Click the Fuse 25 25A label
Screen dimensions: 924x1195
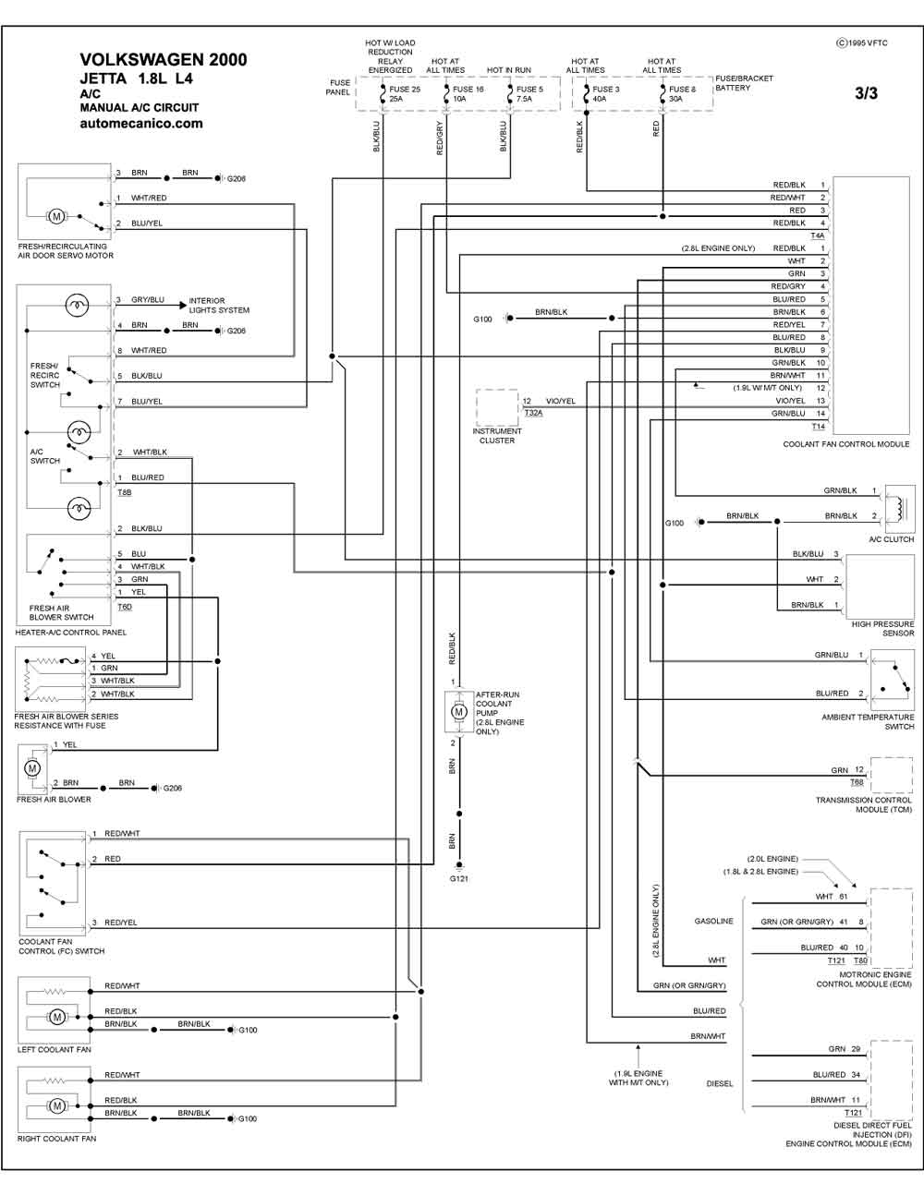click(x=405, y=94)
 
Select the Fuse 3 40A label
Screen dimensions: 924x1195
click(x=605, y=94)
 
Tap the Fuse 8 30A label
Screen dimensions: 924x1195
click(x=682, y=94)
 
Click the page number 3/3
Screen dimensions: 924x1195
click(x=866, y=93)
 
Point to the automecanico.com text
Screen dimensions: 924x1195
click(x=141, y=124)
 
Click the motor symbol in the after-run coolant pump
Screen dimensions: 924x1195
click(x=458, y=712)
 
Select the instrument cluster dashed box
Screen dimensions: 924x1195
click(x=497, y=407)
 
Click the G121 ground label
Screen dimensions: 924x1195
click(x=458, y=879)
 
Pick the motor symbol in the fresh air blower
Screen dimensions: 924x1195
click(x=32, y=768)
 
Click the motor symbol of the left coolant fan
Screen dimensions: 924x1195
click(x=56, y=1017)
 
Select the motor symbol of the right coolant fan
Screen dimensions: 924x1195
click(x=56, y=1105)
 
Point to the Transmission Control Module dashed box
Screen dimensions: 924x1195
click(x=892, y=776)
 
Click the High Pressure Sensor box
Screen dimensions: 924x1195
click(x=880, y=586)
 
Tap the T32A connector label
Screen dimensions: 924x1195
click(x=533, y=413)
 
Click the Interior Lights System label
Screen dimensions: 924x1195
click(x=219, y=305)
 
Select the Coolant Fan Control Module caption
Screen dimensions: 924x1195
click(x=845, y=444)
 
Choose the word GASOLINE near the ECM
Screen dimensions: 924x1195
click(x=713, y=921)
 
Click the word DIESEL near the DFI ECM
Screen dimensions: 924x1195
click(x=720, y=1083)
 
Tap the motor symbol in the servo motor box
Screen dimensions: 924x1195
click(x=56, y=217)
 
